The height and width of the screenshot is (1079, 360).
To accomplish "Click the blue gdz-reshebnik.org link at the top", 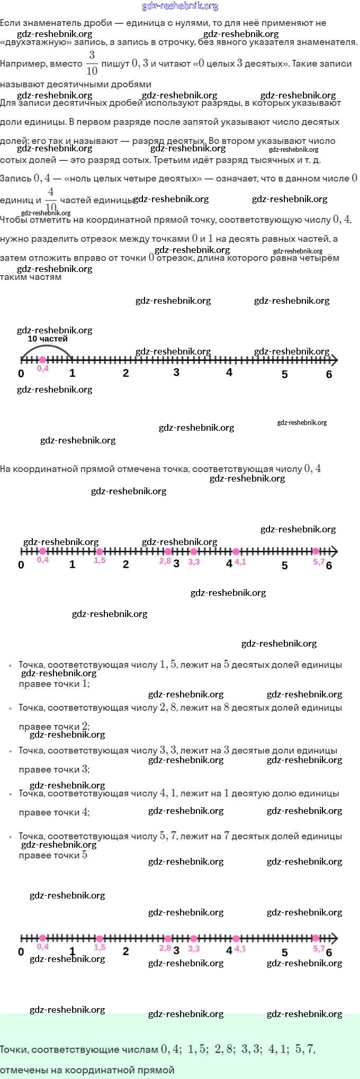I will pyautogui.click(x=180, y=6).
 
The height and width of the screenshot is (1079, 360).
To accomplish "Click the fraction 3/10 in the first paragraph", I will pyautogui.click(x=92, y=63).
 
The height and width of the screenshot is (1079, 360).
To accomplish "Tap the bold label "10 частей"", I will pyautogui.click(x=48, y=339).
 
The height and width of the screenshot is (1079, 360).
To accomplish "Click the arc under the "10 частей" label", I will pyautogui.click(x=47, y=346).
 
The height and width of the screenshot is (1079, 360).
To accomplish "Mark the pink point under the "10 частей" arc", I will pyautogui.click(x=43, y=360).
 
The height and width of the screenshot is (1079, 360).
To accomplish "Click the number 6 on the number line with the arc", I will pyautogui.click(x=329, y=375).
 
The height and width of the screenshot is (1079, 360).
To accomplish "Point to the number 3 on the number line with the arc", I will pyautogui.click(x=176, y=373).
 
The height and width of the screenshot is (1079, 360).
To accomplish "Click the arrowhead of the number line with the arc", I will pyautogui.click(x=334, y=360).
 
